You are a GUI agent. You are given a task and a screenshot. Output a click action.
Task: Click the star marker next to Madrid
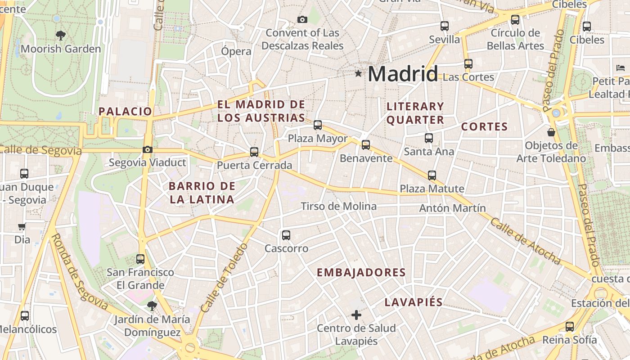click(x=358, y=73)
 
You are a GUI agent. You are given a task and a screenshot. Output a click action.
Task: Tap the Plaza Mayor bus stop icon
click(x=318, y=125)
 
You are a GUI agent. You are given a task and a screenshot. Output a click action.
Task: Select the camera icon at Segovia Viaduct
click(x=147, y=149)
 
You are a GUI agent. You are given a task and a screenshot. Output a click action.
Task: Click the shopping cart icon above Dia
click(x=22, y=226)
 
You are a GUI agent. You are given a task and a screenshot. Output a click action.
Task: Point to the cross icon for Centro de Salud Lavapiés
click(x=356, y=315)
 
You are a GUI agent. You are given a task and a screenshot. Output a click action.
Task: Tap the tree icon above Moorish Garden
click(x=61, y=35)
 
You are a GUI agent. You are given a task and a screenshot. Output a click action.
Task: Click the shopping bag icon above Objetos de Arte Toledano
click(x=551, y=132)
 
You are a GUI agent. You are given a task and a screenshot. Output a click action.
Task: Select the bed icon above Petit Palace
click(x=621, y=68)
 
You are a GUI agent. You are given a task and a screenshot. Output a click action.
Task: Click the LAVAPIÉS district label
click(x=414, y=302)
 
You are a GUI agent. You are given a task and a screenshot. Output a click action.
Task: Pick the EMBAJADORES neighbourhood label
click(x=361, y=272)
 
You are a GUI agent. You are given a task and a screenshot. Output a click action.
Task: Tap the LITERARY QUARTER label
click(x=415, y=113)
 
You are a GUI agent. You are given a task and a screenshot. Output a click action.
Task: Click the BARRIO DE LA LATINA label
click(x=202, y=193)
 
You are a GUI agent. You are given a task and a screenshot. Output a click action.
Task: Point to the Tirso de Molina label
click(x=338, y=206)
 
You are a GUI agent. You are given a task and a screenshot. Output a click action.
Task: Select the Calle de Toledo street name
click(x=224, y=278)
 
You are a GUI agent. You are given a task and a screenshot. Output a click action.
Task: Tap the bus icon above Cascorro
click(x=286, y=235)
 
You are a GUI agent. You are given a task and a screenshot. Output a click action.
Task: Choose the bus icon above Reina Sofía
click(x=570, y=326)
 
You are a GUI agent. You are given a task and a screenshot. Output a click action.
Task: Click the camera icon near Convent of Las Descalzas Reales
click(x=302, y=19)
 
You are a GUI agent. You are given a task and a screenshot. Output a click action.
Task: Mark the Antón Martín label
click(x=452, y=208)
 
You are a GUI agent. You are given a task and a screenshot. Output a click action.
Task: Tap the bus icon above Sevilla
click(x=445, y=26)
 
